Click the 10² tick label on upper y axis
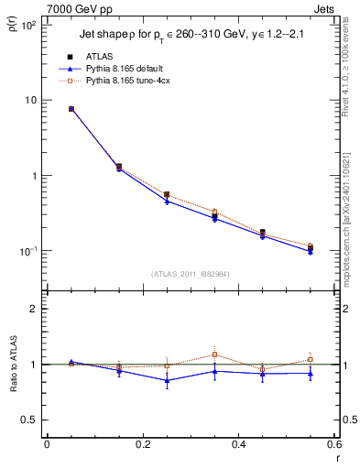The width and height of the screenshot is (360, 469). (x=28, y=26)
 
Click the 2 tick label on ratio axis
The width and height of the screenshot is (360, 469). (x=32, y=309)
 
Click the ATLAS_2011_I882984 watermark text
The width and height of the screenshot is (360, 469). (x=190, y=274)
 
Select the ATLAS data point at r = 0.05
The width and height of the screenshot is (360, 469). (x=71, y=109)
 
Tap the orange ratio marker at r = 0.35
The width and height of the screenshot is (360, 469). (x=214, y=354)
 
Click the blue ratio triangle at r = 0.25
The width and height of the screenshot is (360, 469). (x=167, y=380)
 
